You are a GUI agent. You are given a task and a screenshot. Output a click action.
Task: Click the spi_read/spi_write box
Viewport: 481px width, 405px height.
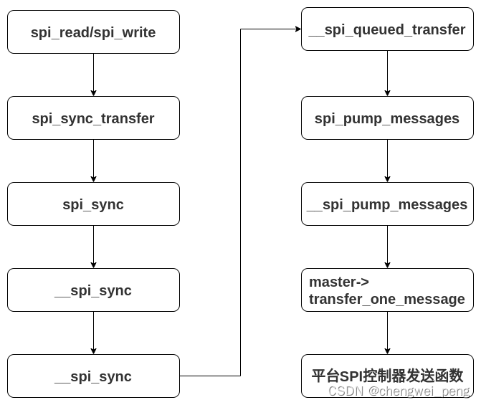(93, 32)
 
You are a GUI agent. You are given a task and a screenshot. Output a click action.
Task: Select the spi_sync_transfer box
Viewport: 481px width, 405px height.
(93, 118)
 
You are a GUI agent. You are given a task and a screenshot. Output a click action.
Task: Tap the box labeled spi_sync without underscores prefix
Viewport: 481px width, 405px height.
(93, 204)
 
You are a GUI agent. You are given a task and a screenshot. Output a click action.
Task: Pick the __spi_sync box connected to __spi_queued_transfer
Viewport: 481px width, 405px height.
(93, 376)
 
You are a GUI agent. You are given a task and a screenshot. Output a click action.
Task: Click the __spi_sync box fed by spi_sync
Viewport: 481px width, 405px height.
(93, 290)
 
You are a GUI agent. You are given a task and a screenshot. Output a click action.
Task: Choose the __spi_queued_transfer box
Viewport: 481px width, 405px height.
(387, 29)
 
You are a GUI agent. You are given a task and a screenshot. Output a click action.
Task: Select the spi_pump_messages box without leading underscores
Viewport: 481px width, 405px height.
(387, 118)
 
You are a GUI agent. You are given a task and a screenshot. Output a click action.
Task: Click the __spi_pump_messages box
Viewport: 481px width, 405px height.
(387, 204)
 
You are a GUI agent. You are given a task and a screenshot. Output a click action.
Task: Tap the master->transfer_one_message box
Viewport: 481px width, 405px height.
(387, 290)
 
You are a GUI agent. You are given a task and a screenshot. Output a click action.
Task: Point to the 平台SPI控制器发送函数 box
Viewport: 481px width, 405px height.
(387, 376)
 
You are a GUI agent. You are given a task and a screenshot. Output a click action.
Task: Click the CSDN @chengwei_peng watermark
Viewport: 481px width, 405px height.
(399, 391)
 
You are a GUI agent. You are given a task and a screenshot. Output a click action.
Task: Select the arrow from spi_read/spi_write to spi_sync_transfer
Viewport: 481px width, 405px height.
(93, 75)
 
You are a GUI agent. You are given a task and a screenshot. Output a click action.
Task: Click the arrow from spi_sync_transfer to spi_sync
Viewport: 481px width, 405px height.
(93, 161)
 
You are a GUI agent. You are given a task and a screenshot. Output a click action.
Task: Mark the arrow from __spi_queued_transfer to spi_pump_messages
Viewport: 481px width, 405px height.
(387, 73)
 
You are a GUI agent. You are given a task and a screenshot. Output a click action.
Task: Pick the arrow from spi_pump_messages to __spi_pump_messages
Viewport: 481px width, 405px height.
(387, 161)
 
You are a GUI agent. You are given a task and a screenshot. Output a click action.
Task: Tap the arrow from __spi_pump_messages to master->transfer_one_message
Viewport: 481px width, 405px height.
(387, 247)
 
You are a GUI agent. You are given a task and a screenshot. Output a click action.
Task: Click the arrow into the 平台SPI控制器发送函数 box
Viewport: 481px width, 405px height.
(387, 333)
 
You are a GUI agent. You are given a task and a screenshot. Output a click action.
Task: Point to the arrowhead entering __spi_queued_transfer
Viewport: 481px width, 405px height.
(297, 29)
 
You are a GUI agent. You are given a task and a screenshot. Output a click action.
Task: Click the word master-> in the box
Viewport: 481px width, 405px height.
(334, 282)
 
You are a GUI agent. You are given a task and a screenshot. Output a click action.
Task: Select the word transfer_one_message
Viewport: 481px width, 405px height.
(387, 299)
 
